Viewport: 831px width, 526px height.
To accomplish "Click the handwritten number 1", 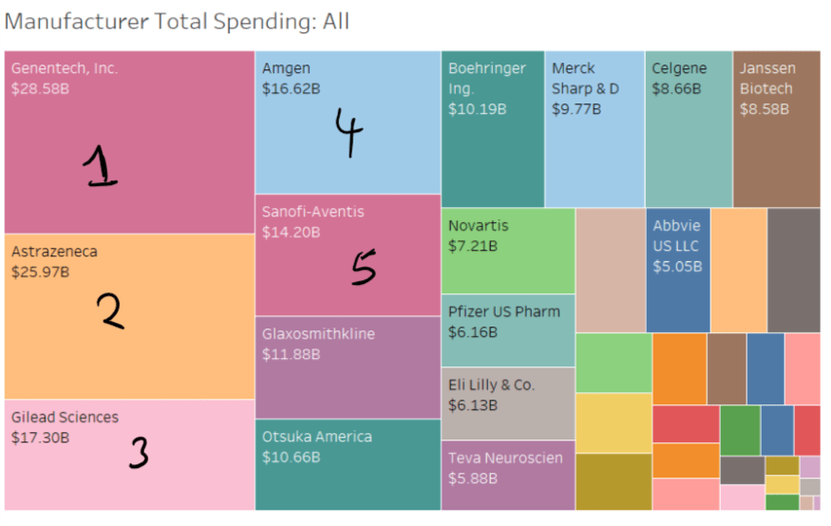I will [x=101, y=168].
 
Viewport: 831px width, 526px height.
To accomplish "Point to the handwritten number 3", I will [x=139, y=454].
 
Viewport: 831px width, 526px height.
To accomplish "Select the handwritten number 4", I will [x=349, y=132].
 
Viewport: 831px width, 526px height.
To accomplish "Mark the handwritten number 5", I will [x=363, y=268].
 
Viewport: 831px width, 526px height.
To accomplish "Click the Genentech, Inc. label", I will [x=65, y=68].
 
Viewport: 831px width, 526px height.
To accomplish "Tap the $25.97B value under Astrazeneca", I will [x=40, y=272].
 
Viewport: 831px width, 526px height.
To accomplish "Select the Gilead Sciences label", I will [x=65, y=418].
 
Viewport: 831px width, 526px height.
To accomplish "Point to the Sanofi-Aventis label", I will [x=312, y=212].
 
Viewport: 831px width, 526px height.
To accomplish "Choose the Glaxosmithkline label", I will [x=318, y=334].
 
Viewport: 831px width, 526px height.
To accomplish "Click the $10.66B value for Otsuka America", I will [x=291, y=458].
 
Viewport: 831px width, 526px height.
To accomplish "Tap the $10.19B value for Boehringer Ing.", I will [x=478, y=109].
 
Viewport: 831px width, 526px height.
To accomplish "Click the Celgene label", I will [x=679, y=68].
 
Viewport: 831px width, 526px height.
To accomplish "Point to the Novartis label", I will [x=478, y=226].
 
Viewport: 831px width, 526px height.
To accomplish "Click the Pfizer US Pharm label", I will [x=503, y=311].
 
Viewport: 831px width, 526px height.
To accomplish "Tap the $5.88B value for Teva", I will [x=473, y=479].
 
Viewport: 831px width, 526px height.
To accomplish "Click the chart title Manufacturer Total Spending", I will [x=177, y=21].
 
